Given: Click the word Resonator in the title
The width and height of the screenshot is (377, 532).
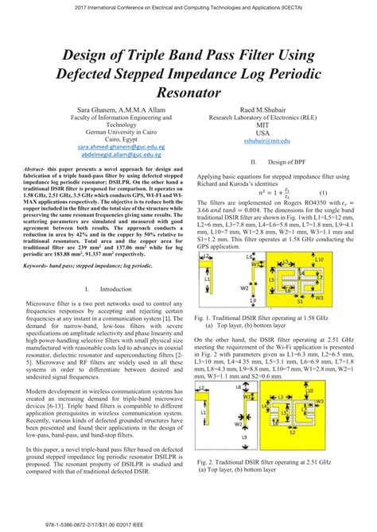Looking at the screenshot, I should pyautogui.click(x=188, y=93).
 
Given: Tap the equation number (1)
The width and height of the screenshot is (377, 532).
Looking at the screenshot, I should pyautogui.click(x=324, y=193).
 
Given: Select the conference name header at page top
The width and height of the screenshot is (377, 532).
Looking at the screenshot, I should pyautogui.click(x=188, y=6).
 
